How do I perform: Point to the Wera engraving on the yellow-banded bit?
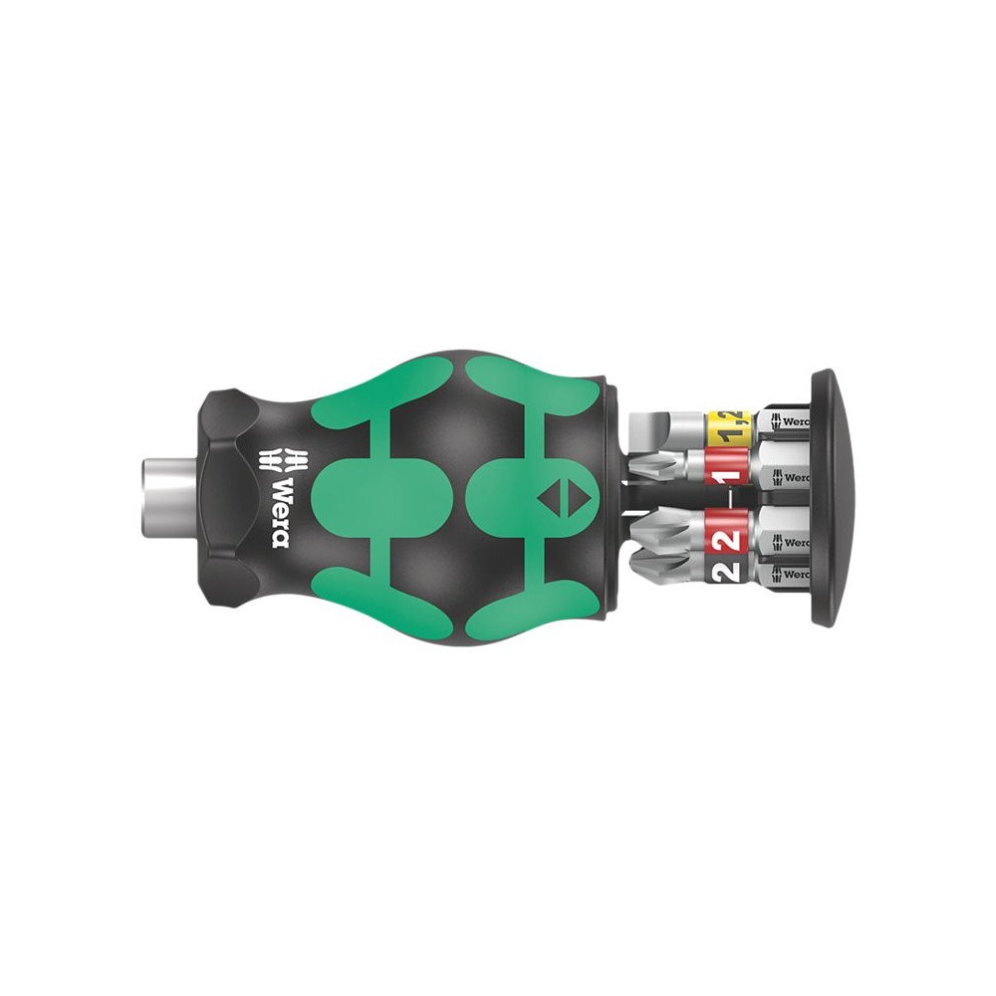tap(792, 420)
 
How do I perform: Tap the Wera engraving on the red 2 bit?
tap(792, 543)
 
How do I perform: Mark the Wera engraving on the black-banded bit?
tap(792, 574)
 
